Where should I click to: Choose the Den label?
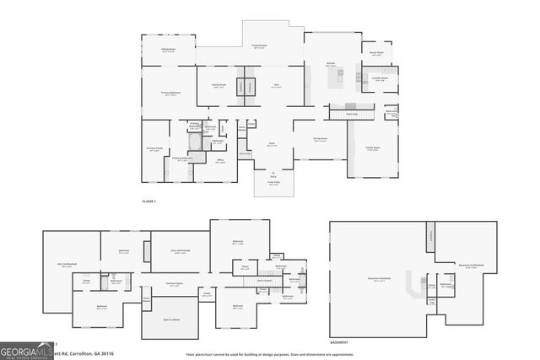(276, 85)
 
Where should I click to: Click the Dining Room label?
(321, 139)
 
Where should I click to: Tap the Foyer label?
(272, 145)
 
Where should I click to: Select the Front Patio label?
(273, 182)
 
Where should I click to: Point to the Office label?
(219, 161)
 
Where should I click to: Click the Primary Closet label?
(154, 149)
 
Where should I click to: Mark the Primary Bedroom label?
(172, 93)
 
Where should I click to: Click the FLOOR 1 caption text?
(149, 202)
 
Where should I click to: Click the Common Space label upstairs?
(175, 284)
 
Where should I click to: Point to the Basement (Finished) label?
(377, 280)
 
